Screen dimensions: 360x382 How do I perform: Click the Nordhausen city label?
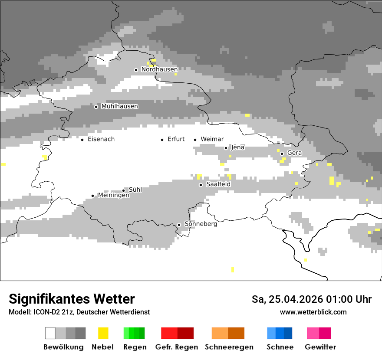pyautogui.click(x=159, y=69)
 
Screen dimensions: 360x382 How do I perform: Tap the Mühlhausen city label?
pyautogui.click(x=119, y=106)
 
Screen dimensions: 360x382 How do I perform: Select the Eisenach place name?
pyautogui.click(x=101, y=139)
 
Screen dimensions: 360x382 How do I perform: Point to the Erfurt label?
pyautogui.click(x=176, y=139)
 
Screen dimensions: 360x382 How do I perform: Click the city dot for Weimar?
pyautogui.click(x=195, y=140)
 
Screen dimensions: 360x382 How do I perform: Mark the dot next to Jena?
pyautogui.click(x=226, y=148)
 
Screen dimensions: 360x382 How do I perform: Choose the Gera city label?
pyautogui.click(x=294, y=153)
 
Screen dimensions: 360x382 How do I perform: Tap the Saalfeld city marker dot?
pyautogui.click(x=201, y=185)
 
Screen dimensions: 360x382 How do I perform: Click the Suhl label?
pyautogui.click(x=135, y=190)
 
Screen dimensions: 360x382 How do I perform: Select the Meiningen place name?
pyautogui.click(x=113, y=196)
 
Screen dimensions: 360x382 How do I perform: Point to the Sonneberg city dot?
pyautogui.click(x=179, y=225)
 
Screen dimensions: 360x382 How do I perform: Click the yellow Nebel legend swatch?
pyautogui.click(x=103, y=333)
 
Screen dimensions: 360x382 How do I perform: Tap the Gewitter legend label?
pyautogui.click(x=320, y=347)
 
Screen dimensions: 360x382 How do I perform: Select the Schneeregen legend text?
pyautogui.click(x=229, y=347)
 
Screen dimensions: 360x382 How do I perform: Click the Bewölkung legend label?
pyautogui.click(x=63, y=347)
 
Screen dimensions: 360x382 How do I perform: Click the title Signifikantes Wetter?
pyautogui.click(x=72, y=299)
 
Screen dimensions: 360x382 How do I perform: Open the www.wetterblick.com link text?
pyautogui.click(x=313, y=312)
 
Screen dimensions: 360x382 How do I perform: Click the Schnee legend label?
pyautogui.click(x=280, y=347)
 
